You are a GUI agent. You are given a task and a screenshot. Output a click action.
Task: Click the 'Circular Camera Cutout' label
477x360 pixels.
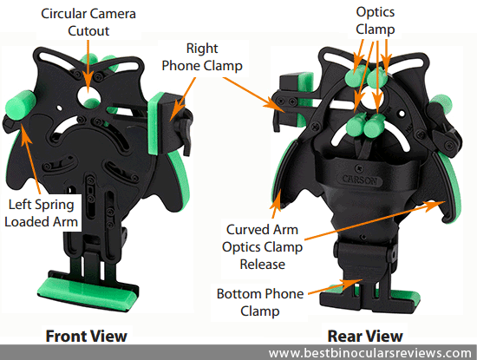click(88, 23)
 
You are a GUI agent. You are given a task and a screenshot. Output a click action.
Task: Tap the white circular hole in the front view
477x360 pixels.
click(88, 95)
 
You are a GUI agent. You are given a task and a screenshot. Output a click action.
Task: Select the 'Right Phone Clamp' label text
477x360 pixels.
click(202, 57)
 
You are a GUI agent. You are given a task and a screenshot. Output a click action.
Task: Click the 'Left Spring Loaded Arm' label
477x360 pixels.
click(41, 213)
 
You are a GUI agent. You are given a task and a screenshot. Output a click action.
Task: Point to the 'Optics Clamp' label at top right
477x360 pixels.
click(376, 21)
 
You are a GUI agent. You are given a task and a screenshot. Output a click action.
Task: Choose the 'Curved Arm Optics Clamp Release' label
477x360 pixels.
click(262, 247)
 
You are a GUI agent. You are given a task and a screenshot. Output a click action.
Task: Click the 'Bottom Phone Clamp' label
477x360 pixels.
click(260, 302)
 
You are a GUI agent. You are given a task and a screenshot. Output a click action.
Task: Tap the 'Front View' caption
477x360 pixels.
click(87, 336)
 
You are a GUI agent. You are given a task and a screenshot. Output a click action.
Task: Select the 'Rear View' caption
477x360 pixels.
click(365, 336)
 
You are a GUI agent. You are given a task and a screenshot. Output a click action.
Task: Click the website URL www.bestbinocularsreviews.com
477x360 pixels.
click(370, 353)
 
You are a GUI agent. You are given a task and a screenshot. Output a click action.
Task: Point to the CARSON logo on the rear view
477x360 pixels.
click(360, 180)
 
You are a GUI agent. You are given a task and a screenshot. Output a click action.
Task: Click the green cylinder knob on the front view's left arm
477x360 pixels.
click(21, 105)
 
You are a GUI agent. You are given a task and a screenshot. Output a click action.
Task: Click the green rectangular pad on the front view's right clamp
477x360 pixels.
click(156, 123)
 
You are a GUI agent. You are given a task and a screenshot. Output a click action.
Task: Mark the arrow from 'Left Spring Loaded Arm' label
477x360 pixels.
click(30, 162)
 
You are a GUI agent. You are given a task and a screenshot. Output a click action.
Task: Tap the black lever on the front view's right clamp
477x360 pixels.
click(186, 133)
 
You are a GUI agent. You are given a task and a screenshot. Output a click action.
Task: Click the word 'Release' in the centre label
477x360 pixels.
click(263, 264)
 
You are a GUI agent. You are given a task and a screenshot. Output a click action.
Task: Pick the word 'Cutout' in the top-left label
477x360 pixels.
click(88, 31)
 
